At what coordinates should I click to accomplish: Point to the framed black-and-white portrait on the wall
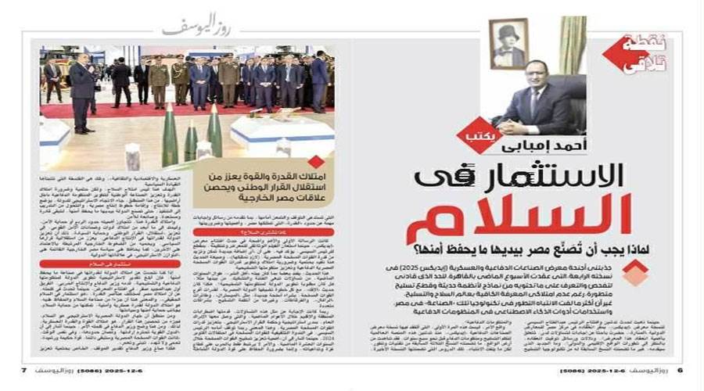coord(508,44)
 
